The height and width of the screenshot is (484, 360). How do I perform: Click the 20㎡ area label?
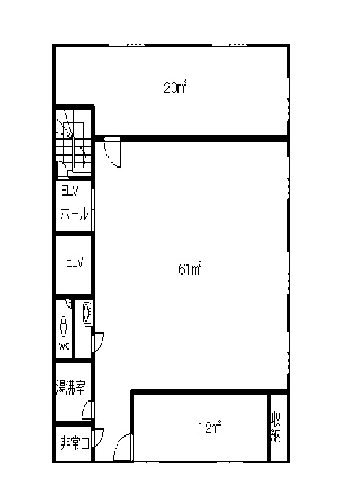tap(175, 87)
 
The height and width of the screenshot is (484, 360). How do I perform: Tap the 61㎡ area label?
tap(190, 268)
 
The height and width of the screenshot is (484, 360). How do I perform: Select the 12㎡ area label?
tap(209, 427)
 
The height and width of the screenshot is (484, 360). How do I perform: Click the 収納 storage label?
tap(276, 427)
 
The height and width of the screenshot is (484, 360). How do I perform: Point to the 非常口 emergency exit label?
tap(74, 443)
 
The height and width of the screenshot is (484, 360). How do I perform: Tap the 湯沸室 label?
tap(71, 387)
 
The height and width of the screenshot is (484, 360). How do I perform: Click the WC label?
tap(64, 346)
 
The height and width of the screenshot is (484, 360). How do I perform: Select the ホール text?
tap(74, 213)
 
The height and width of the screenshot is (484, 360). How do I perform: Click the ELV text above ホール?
tap(70, 190)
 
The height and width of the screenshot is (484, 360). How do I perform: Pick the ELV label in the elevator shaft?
tap(75, 262)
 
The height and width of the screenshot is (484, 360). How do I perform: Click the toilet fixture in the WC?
tap(63, 326)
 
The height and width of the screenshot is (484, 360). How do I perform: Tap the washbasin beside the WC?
tap(87, 314)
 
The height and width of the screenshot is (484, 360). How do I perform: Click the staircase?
tap(74, 141)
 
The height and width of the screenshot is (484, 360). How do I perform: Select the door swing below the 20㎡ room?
tap(113, 154)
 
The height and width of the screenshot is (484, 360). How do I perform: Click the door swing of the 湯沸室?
tap(87, 409)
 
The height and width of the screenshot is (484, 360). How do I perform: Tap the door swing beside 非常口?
tap(98, 438)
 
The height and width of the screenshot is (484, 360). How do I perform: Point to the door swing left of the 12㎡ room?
tap(123, 447)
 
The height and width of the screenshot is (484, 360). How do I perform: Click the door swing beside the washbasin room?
tap(98, 343)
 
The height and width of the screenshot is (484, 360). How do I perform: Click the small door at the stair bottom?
tap(62, 170)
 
